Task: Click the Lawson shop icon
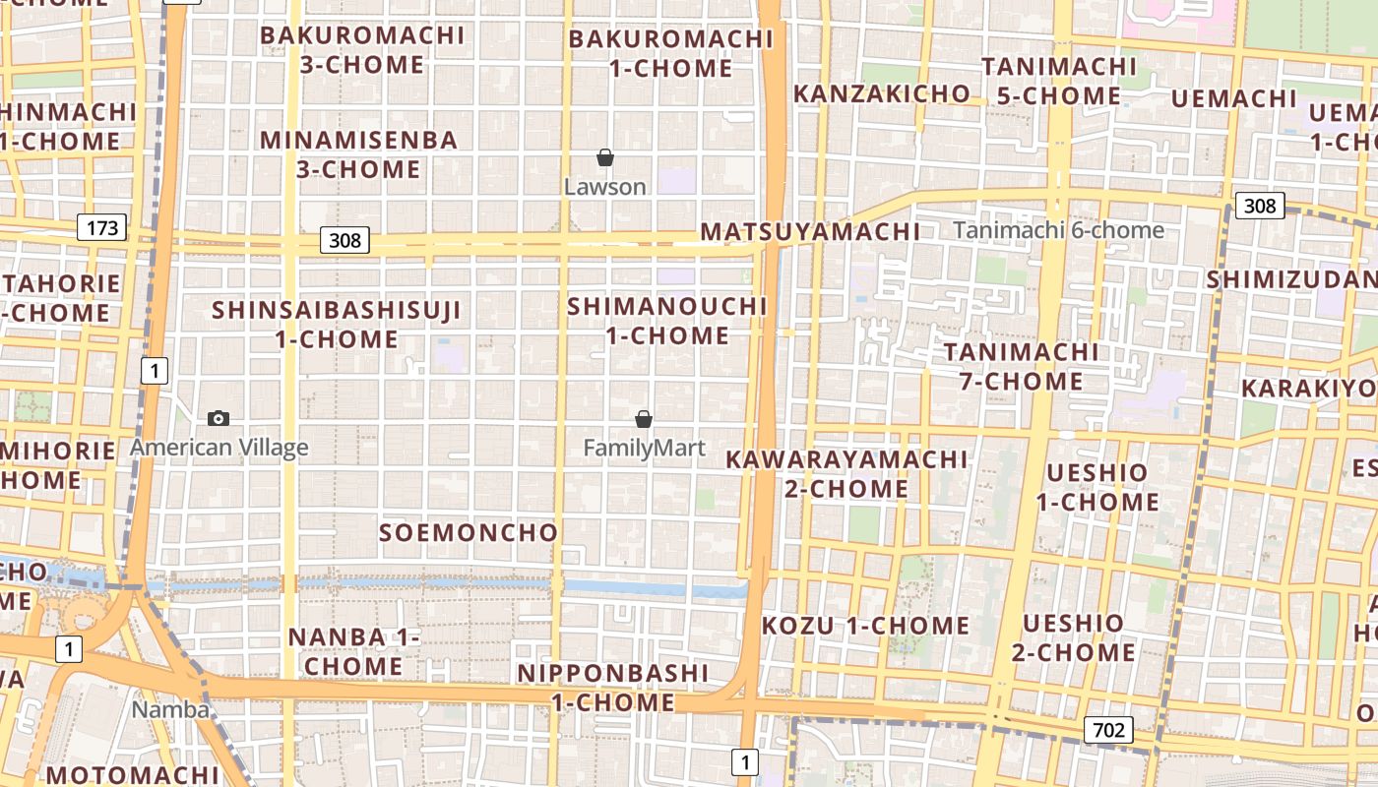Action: [x=605, y=157]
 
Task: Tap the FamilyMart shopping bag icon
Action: [x=644, y=419]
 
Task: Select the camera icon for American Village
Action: [x=219, y=418]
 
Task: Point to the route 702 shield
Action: [x=1108, y=730]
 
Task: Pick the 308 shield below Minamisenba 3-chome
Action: [x=344, y=240]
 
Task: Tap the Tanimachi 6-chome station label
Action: [x=1058, y=230]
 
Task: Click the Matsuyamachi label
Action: [x=810, y=232]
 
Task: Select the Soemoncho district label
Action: [x=469, y=533]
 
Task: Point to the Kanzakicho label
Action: [x=882, y=93]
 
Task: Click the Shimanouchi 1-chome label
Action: [x=667, y=321]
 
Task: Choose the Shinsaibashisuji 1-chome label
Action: [x=337, y=325]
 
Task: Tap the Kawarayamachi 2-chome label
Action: [x=846, y=473]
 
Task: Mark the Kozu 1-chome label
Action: [x=865, y=626]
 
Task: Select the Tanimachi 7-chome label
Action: [x=1022, y=366]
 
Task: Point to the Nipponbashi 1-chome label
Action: [x=613, y=688]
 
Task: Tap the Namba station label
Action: [x=171, y=709]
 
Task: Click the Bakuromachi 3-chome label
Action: [x=362, y=50]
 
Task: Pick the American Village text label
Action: [x=219, y=448]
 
